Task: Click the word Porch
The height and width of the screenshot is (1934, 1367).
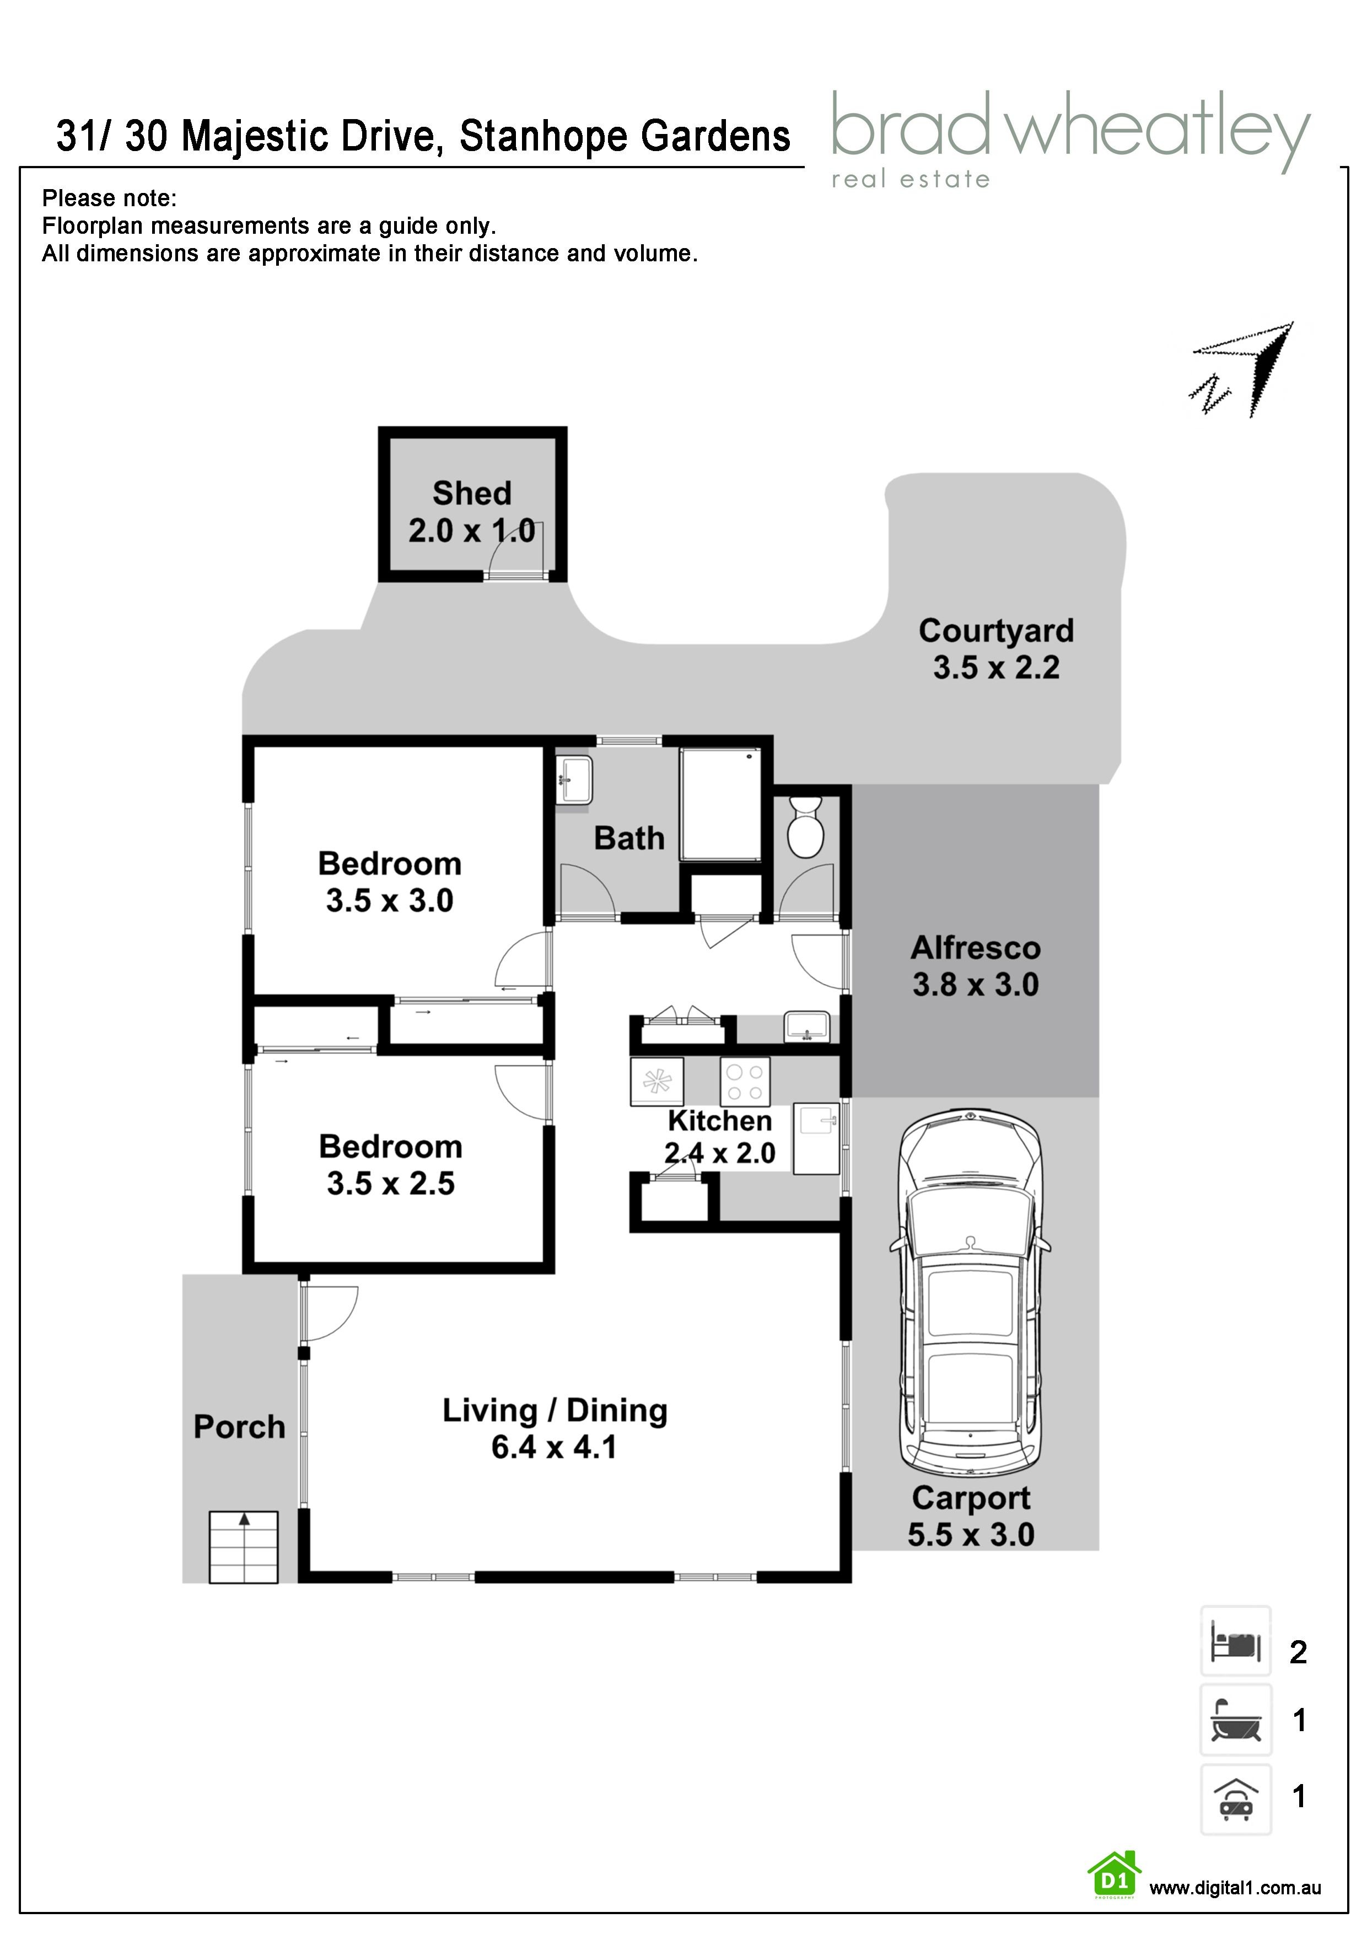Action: click(239, 1427)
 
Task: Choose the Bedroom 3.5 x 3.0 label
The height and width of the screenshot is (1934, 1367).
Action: click(389, 882)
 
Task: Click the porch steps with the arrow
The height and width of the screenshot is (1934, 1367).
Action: click(244, 1548)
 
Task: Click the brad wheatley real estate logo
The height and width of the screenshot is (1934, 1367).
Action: click(1070, 139)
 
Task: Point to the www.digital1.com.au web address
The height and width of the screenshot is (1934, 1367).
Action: click(1235, 1888)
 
